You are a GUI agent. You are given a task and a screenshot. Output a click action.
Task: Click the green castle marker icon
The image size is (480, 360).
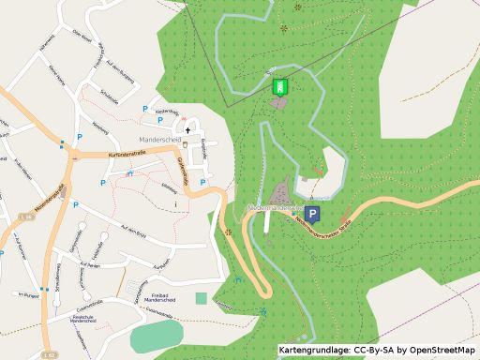(278, 87)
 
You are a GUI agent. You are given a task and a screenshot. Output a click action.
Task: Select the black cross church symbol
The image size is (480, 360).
(187, 129)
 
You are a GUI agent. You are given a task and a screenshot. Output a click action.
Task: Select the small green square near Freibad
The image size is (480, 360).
(201, 298)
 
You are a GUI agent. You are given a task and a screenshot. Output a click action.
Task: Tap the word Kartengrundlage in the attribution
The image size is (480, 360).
(315, 350)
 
